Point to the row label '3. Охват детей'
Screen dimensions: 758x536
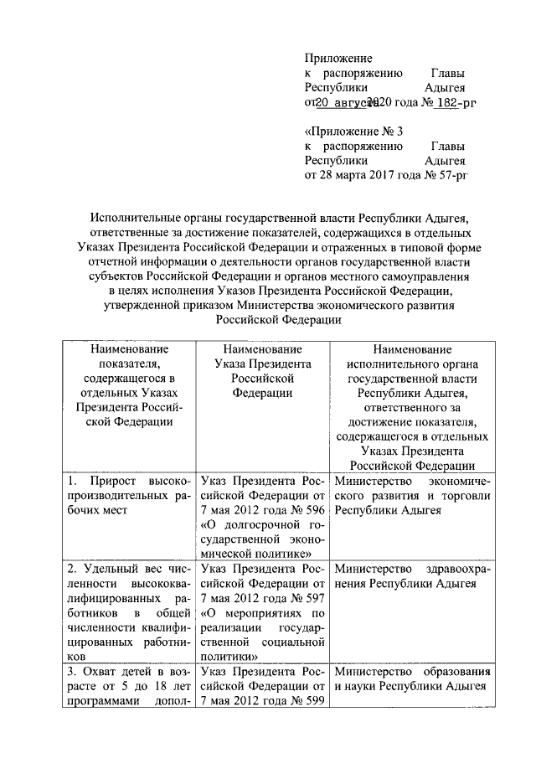[x=131, y=686]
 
